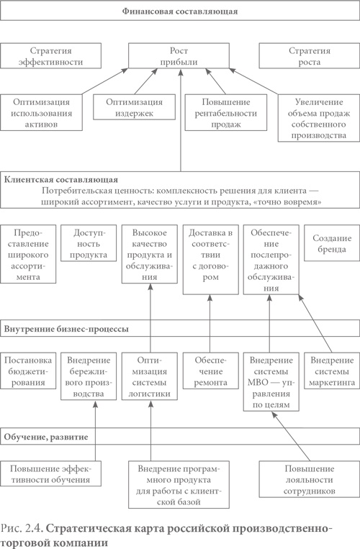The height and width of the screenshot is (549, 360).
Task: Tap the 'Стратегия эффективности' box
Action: pos(51,57)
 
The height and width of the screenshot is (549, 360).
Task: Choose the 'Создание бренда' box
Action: pos(331,245)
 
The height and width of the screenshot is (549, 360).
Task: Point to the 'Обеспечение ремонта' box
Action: pos(209,371)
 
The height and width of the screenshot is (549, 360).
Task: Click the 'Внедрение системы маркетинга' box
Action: pos(331,371)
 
